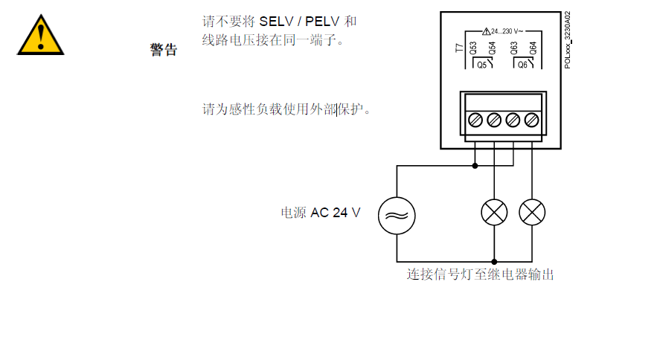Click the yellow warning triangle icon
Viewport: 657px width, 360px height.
(41, 35)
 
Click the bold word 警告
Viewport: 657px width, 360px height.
(164, 50)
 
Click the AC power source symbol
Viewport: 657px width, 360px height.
(397, 215)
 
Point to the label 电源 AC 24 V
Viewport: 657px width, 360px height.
(320, 213)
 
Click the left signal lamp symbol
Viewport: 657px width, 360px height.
(494, 213)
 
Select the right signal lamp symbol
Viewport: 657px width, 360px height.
(531, 213)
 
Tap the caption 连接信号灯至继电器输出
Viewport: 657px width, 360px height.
(480, 274)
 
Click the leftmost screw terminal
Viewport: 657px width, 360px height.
(475, 119)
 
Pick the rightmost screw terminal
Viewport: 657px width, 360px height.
(531, 119)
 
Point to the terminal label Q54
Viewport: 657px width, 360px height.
(491, 50)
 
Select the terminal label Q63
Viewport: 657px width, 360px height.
(514, 50)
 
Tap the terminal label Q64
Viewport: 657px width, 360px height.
(533, 50)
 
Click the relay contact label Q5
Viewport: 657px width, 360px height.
(481, 65)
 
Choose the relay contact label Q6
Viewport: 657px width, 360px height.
(523, 65)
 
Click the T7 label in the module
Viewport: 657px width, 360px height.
(458, 50)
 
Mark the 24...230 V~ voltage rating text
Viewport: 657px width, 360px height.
(507, 31)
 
